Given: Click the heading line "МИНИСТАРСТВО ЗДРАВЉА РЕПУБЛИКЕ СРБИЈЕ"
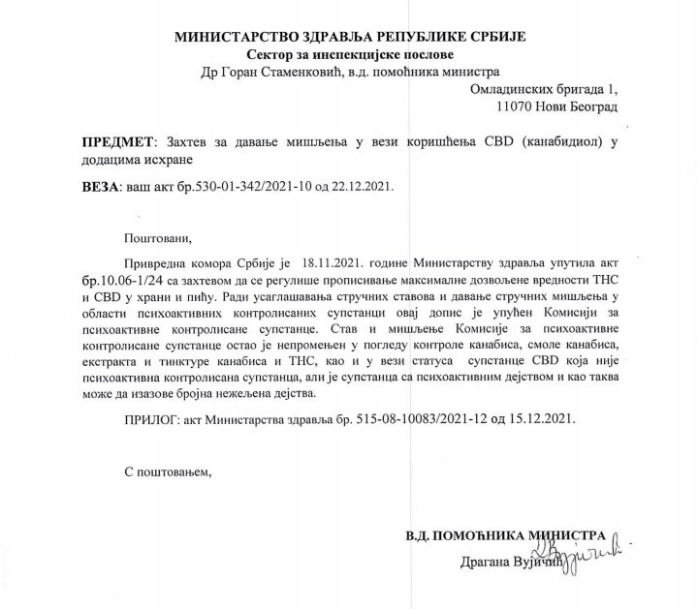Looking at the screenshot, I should (x=349, y=37).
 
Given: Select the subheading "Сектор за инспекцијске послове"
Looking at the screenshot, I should (x=349, y=54).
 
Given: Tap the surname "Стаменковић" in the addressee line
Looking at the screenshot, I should (x=305, y=72).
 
